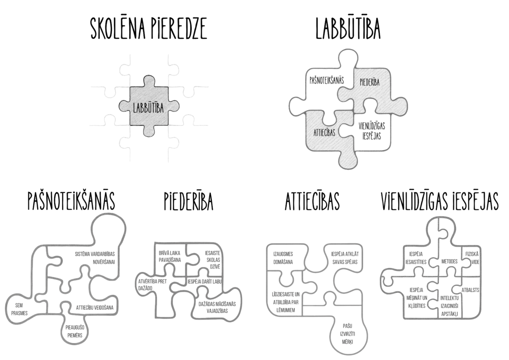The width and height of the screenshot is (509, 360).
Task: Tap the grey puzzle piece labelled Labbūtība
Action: pyautogui.click(x=150, y=106)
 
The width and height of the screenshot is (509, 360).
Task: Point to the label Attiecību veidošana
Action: pyautogui.click(x=95, y=307)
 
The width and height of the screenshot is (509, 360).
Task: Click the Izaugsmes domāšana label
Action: pyautogui.click(x=283, y=258)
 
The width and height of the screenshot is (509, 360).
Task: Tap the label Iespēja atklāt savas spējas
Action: pyautogui.click(x=344, y=258)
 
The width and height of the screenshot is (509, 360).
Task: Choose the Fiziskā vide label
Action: pyautogui.click(x=472, y=258)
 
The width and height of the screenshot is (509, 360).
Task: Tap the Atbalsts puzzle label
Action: pyautogui.click(x=470, y=290)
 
